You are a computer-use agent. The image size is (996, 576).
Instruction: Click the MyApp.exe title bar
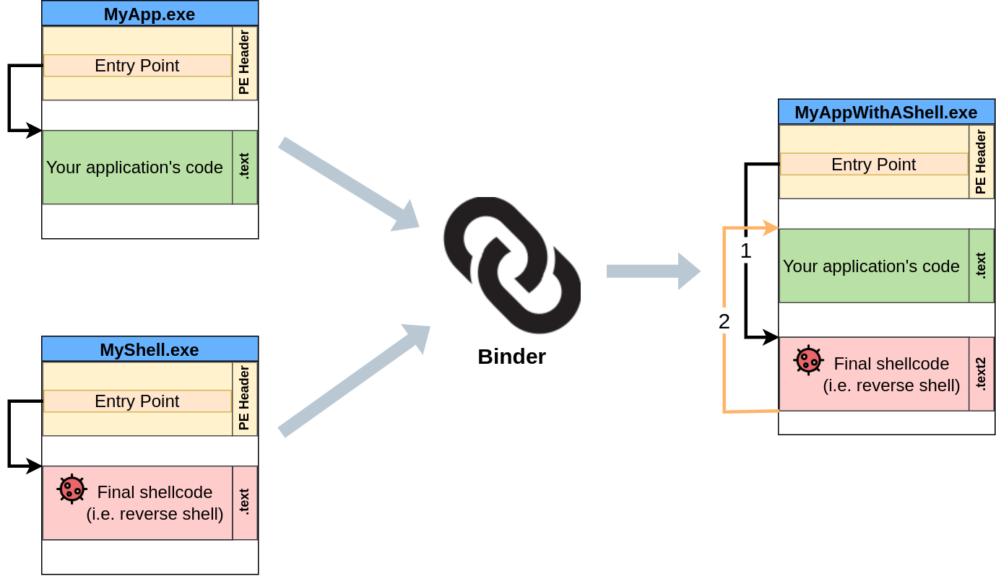click(x=150, y=14)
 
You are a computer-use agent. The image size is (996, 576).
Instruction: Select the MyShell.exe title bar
click(x=150, y=349)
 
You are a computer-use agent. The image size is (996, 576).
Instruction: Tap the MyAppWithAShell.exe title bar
click(x=885, y=113)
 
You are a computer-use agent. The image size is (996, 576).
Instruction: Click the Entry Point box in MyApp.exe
click(x=137, y=66)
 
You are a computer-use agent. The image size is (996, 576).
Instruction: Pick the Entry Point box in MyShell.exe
click(x=137, y=401)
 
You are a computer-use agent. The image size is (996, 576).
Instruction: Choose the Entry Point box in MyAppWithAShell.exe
click(x=873, y=165)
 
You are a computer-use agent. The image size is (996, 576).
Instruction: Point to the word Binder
click(x=511, y=357)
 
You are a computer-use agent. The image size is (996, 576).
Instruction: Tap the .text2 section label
click(x=981, y=374)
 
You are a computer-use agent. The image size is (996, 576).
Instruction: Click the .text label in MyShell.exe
click(x=244, y=502)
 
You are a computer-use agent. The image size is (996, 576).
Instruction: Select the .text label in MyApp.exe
click(x=244, y=167)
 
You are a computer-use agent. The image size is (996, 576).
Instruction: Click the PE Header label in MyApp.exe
click(x=244, y=63)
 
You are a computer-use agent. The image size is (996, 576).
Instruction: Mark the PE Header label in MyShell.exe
click(x=244, y=398)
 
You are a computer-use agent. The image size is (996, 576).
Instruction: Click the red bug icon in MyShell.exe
click(x=72, y=489)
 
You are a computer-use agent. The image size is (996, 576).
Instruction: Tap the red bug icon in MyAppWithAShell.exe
click(x=808, y=359)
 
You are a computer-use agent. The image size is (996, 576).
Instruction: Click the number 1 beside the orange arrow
click(x=745, y=251)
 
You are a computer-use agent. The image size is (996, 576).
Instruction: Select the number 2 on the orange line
click(x=724, y=320)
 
